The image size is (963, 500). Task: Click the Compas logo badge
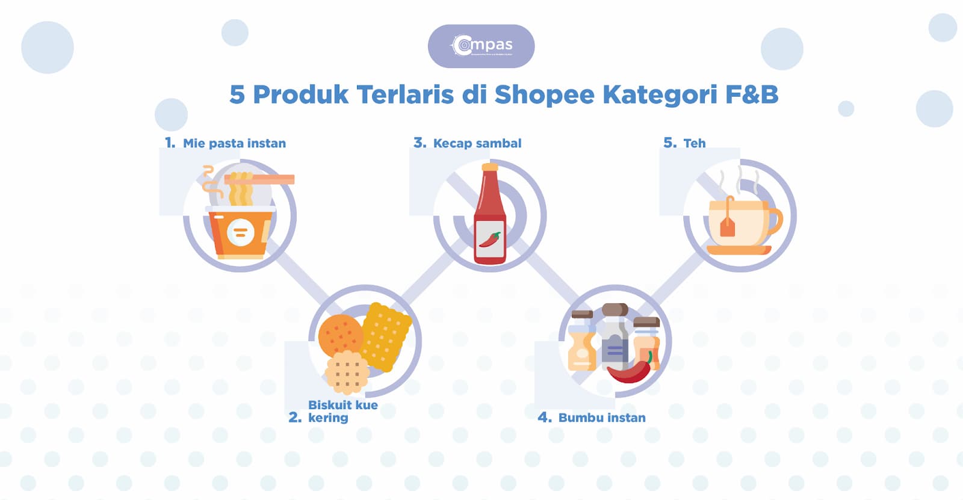481,46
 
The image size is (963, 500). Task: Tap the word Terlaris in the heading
404,95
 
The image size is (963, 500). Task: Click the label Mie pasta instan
234,143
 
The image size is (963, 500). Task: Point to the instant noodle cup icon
240,232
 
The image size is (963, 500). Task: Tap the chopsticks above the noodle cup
259,179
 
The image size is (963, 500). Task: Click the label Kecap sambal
477,143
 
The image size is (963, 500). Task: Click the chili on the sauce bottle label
489,239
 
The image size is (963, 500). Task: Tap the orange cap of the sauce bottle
490,167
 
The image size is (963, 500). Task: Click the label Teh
694,143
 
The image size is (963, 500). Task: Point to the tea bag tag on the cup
728,227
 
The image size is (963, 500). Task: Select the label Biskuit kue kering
342,411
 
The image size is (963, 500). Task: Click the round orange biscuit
340,335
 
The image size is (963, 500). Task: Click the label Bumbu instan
601,418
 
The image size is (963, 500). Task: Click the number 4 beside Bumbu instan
544,418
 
